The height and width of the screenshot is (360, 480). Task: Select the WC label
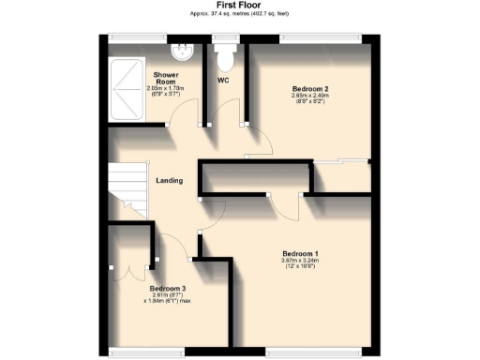click(224, 80)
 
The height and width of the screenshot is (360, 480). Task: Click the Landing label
click(169, 181)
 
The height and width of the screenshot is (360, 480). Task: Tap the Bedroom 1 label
click(302, 253)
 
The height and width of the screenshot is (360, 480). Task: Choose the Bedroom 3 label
click(167, 288)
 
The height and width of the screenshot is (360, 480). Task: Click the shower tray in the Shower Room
click(126, 85)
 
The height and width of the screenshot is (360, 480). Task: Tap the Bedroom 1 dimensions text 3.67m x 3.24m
click(302, 262)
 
